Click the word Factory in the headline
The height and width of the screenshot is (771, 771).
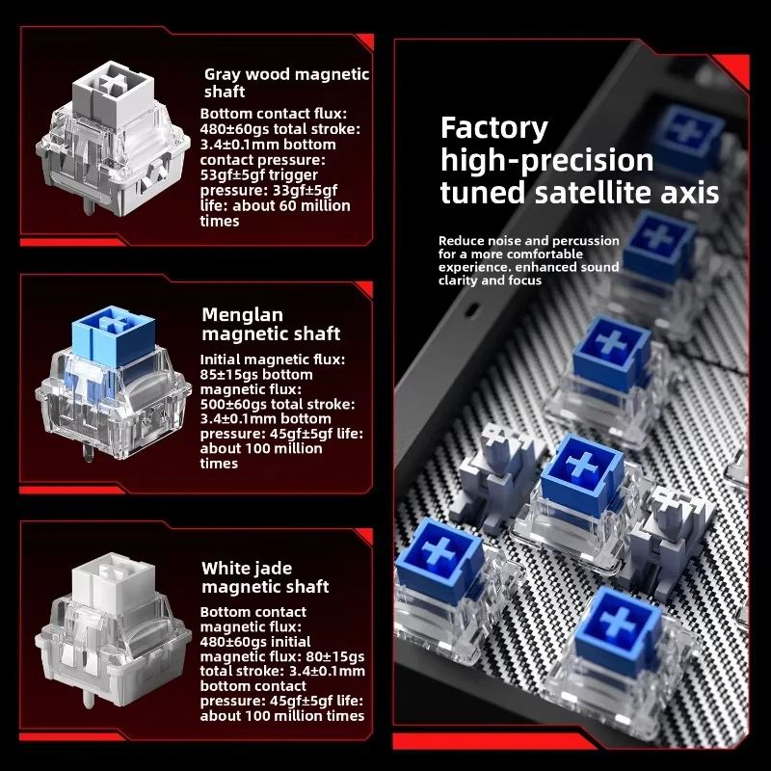point(493,129)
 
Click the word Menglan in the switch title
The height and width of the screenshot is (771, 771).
point(242,315)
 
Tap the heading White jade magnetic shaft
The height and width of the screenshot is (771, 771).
point(265,577)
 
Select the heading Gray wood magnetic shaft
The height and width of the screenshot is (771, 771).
point(286,83)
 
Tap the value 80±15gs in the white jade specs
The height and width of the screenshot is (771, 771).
point(335,656)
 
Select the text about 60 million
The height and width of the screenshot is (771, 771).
point(291,205)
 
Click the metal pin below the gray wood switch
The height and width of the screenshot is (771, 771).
point(88,206)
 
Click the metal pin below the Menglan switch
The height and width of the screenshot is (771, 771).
point(88,452)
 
